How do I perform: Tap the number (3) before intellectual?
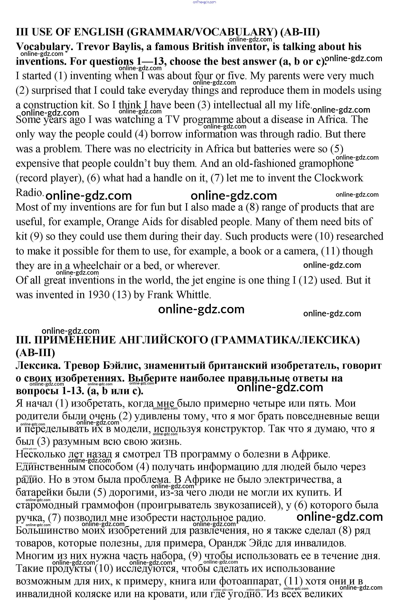point(204,105)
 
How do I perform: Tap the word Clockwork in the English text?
point(338,178)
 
